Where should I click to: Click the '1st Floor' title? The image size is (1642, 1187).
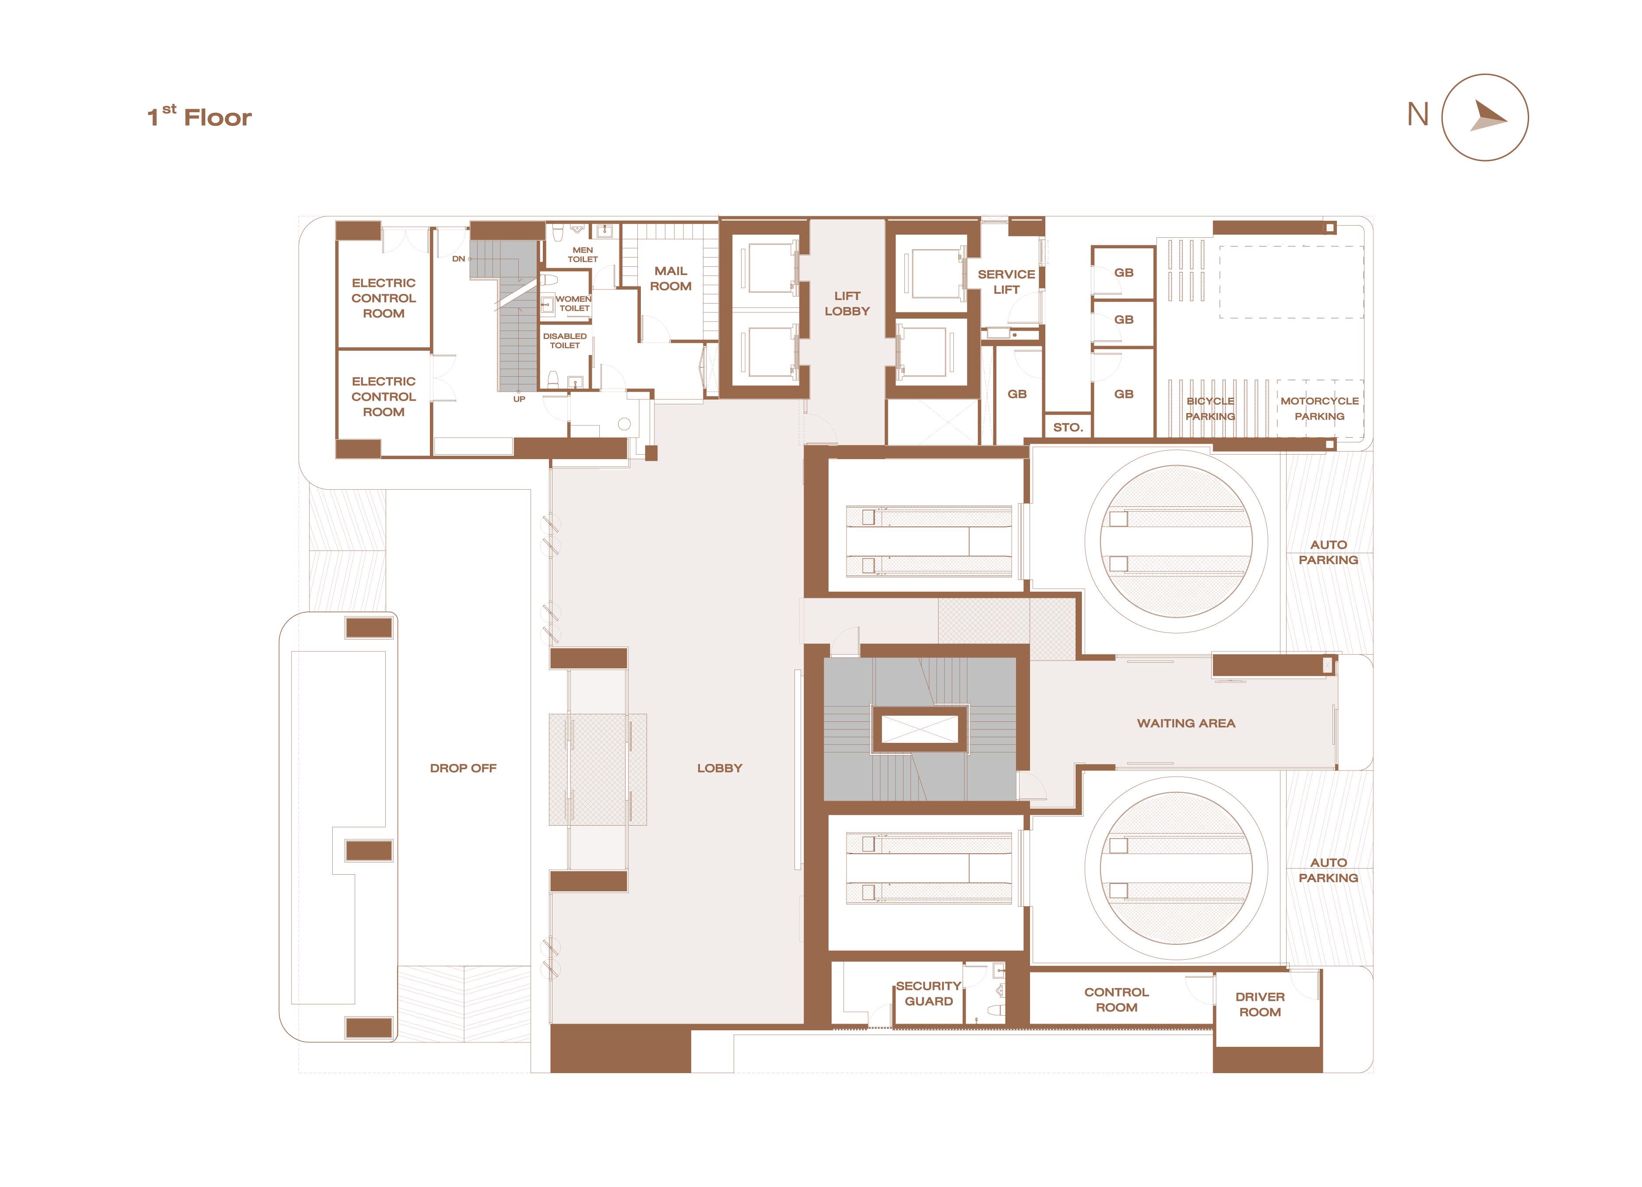[199, 117]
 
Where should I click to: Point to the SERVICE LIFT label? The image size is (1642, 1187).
[1006, 282]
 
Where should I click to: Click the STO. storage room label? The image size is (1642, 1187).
[1068, 427]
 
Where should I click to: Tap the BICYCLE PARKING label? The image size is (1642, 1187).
[1210, 409]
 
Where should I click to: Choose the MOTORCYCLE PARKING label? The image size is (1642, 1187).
[1319, 409]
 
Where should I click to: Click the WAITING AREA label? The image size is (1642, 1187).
[1186, 723]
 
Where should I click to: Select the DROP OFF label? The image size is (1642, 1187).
[463, 768]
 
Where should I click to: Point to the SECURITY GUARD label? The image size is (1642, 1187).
[928, 994]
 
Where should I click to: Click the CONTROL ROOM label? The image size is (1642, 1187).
[1116, 1000]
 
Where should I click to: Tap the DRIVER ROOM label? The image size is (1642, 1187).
[1260, 1004]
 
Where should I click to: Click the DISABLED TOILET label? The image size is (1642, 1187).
[565, 340]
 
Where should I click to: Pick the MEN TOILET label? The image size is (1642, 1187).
[583, 254]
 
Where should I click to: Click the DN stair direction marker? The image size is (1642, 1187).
[458, 258]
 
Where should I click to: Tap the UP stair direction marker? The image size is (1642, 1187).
[519, 399]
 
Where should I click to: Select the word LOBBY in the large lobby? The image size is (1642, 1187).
[720, 768]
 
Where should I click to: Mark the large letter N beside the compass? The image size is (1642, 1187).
[1417, 114]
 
